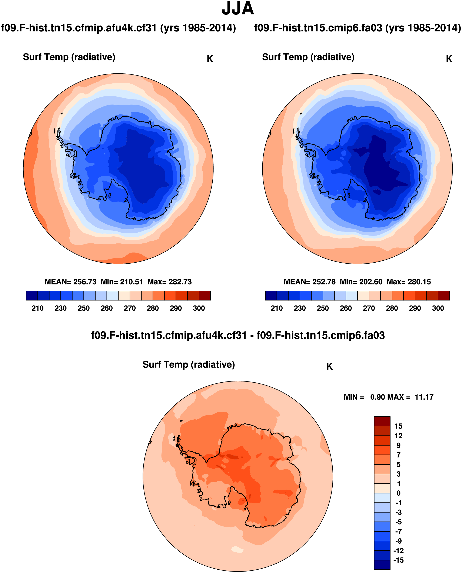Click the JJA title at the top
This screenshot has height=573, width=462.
pos(237,9)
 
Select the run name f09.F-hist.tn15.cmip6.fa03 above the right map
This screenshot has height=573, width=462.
pos(318,28)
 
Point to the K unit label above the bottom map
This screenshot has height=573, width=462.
pos(329,367)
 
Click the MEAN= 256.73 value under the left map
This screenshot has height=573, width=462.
pos(70,282)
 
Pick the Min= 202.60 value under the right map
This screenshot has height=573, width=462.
pos(361,282)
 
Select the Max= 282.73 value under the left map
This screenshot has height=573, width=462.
pos(170,282)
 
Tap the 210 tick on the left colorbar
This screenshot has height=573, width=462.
pos(37,308)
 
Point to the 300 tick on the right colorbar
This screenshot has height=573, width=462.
pos(438,308)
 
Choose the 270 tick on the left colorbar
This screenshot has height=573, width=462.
pos(130,308)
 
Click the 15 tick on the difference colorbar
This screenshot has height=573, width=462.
pos(398,426)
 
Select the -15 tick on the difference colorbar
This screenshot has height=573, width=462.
pos(398,560)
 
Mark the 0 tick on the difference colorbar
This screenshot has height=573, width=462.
pos(398,493)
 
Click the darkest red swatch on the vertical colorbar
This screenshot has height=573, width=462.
pos(382,421)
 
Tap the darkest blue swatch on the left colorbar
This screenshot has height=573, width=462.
pos(32,296)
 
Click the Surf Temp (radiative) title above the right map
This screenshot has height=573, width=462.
pos(308,57)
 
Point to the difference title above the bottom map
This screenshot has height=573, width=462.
pos(238,336)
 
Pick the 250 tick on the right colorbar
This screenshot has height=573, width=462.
pos(323,308)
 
